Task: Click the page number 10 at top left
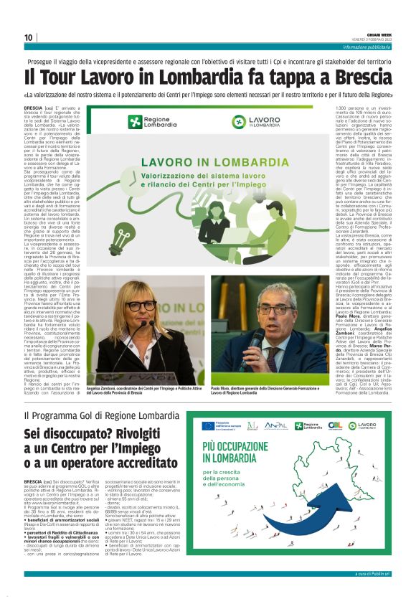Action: point(29,38)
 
